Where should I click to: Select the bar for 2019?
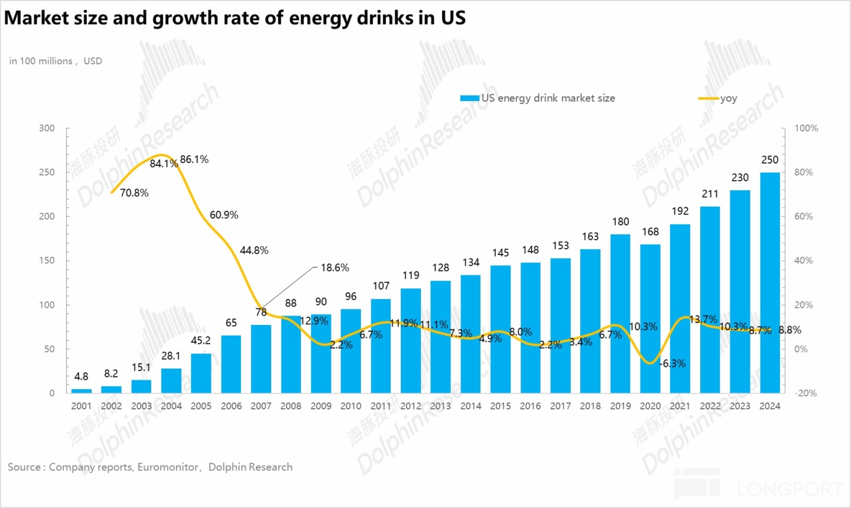[x=620, y=314]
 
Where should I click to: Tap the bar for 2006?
[x=231, y=364]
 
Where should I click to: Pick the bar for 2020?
[x=650, y=319]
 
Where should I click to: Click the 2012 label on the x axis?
[x=411, y=406]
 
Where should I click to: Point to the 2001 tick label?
[x=81, y=406]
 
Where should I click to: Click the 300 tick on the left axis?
[x=47, y=128]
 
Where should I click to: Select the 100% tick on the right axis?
[x=806, y=128]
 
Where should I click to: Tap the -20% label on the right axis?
[x=806, y=393]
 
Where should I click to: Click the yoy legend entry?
[x=728, y=98]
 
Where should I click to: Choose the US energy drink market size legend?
[x=548, y=98]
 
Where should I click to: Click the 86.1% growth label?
[x=194, y=159]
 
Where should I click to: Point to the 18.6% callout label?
[x=335, y=268]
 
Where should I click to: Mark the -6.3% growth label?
[x=673, y=363]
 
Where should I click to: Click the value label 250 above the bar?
[x=769, y=159]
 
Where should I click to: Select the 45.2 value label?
[x=201, y=340]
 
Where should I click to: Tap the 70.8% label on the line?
[x=134, y=193]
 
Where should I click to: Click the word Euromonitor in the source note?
[x=168, y=467]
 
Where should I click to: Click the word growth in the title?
[x=184, y=18]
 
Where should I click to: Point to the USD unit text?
[x=93, y=61]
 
